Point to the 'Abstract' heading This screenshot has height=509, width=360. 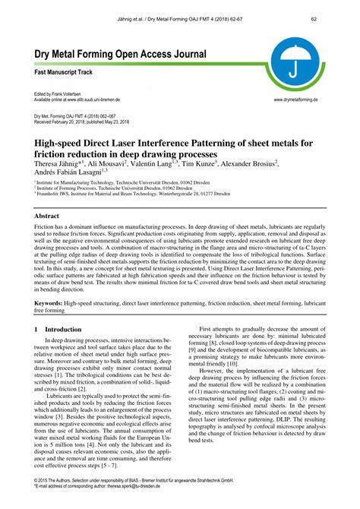(47, 217)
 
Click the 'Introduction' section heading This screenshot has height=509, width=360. (63, 329)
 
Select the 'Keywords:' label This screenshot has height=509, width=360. (49, 302)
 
